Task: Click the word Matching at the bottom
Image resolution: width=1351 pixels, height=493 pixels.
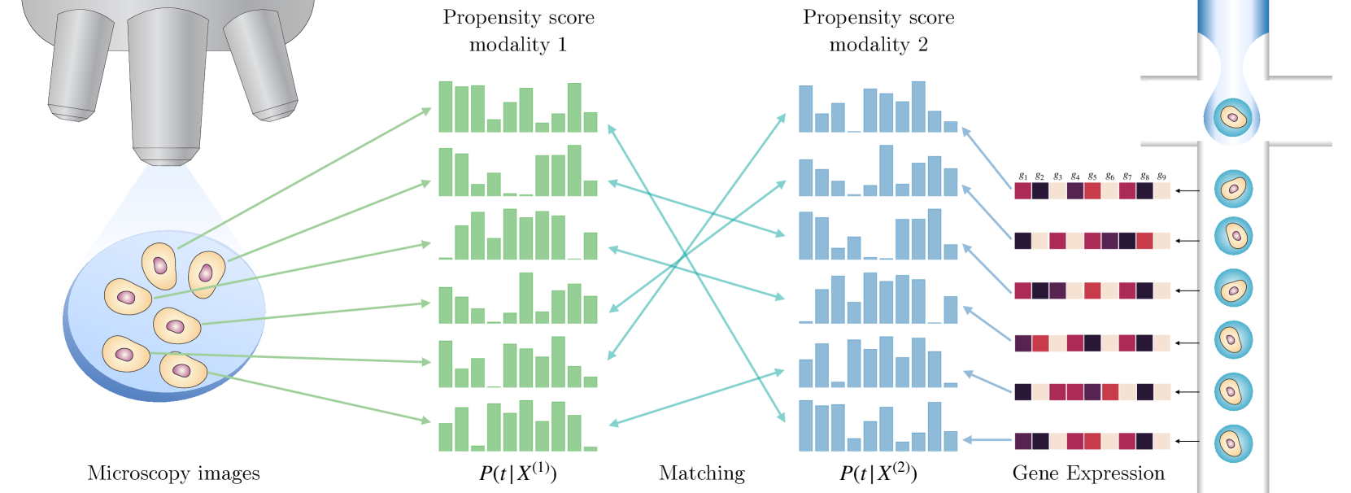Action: tap(701, 473)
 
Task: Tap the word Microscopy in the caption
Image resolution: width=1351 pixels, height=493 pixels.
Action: tap(136, 473)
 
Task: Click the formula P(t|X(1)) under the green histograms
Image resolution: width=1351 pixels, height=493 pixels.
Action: tap(518, 473)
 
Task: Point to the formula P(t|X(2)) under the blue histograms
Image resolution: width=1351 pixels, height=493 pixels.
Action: tap(878, 473)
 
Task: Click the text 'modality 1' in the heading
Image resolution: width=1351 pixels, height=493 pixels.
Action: tap(518, 45)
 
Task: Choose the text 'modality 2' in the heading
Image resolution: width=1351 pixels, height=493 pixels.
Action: tap(878, 45)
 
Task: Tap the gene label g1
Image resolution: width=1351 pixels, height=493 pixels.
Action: tap(1023, 177)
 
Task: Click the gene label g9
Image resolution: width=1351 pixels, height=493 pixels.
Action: tap(1161, 177)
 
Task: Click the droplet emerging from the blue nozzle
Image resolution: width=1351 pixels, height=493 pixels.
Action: tap(1232, 118)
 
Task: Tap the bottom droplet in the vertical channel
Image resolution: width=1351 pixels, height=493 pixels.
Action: tap(1233, 444)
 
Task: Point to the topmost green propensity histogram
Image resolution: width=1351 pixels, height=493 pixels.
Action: tap(518, 107)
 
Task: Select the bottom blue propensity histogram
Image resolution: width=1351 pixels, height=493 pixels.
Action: tap(878, 427)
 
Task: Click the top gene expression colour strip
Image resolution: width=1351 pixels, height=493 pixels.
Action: tap(1092, 191)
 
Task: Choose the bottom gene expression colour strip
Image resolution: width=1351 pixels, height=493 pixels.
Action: tap(1092, 441)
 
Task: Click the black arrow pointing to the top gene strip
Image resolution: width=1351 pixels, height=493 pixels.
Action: tap(1188, 191)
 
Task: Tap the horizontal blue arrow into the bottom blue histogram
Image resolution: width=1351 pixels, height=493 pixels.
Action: tap(987, 441)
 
